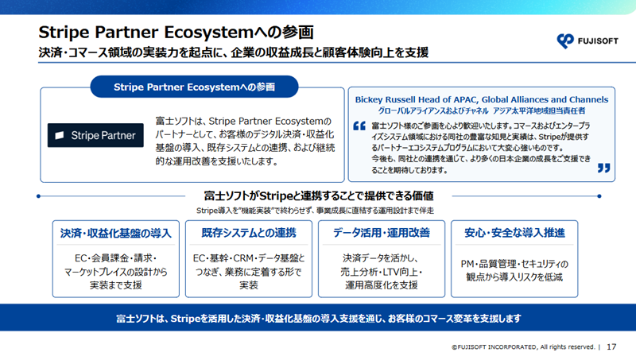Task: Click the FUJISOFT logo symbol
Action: click(565, 41)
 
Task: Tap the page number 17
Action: click(611, 347)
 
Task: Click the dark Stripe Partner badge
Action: click(95, 135)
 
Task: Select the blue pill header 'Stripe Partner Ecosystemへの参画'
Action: click(194, 87)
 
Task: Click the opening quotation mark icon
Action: click(359, 126)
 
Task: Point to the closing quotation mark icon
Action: click(604, 168)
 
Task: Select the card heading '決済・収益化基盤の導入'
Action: click(116, 233)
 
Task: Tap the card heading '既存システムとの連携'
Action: click(249, 233)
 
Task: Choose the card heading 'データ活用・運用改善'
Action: click(382, 233)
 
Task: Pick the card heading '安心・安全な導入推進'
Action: click(514, 233)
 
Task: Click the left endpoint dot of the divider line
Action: click(38, 196)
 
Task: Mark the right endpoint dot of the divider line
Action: click(599, 196)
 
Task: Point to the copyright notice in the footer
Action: click(523, 347)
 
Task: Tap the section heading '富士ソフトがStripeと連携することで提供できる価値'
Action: click(319, 196)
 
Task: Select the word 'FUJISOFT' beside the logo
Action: click(598, 41)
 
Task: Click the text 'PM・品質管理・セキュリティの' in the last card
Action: click(514, 264)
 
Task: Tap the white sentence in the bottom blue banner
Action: click(319, 319)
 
